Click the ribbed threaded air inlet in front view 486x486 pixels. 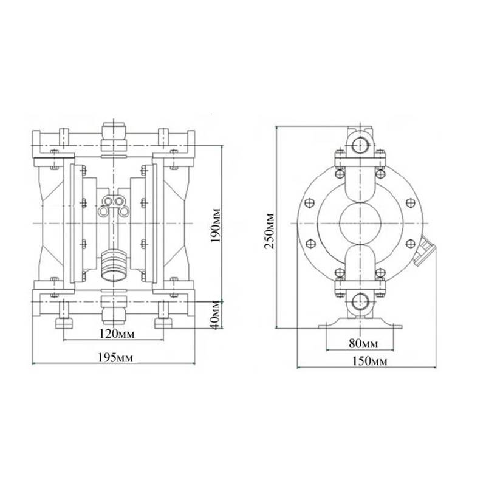(x=113, y=265)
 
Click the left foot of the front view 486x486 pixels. (x=63, y=322)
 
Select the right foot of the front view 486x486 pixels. (x=162, y=322)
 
